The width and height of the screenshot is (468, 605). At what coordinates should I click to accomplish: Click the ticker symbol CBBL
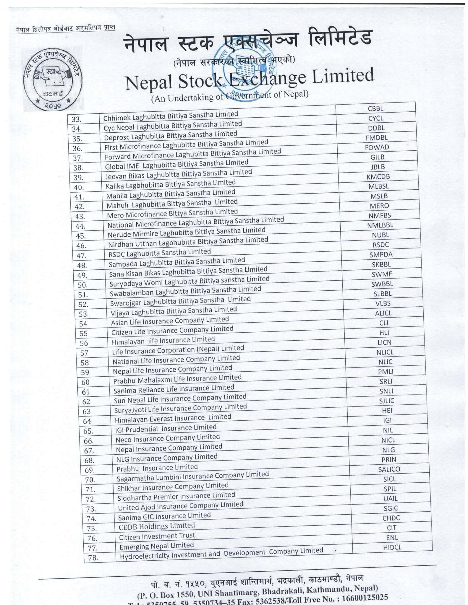375,108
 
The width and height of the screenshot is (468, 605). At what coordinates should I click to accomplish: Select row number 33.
77,119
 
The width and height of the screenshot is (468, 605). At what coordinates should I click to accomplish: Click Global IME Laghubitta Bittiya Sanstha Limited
176,164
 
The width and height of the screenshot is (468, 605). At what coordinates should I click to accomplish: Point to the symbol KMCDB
378,177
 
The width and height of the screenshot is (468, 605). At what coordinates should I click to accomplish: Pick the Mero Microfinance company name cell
172,213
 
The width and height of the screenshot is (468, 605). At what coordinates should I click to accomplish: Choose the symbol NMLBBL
380,225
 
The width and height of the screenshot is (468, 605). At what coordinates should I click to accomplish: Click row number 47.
81,256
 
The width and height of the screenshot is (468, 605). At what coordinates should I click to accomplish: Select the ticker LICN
384,342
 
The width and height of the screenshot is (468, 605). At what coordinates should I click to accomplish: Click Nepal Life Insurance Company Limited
172,370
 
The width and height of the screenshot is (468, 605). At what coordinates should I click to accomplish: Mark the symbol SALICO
389,469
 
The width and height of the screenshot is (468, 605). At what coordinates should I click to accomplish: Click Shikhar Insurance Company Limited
173,487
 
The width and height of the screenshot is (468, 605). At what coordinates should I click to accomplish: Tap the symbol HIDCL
392,547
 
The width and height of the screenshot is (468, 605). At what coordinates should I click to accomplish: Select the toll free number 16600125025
364,598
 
